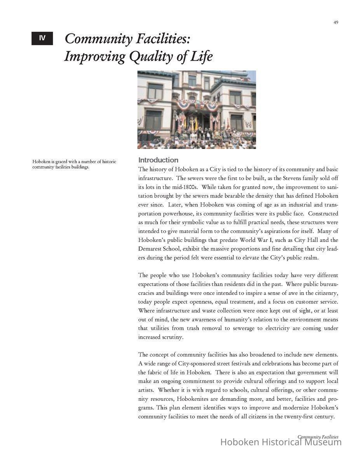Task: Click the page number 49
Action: (336, 23)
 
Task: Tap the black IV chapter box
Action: (42, 38)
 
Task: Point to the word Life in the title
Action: (202, 57)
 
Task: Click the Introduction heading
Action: (158, 160)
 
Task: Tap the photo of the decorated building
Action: (197, 110)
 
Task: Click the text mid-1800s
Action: (172, 187)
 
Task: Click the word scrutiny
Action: (150, 337)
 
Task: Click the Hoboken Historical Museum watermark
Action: (281, 442)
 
